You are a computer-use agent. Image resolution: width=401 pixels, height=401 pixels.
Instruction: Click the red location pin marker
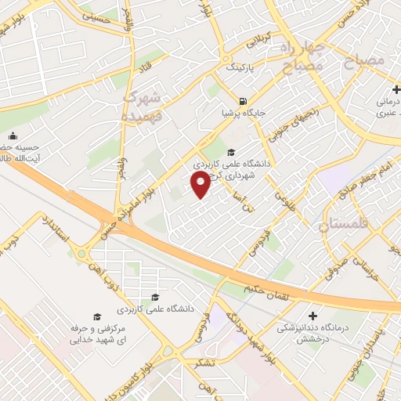click(x=200, y=184)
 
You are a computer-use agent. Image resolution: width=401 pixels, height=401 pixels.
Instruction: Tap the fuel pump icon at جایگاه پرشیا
click(x=244, y=100)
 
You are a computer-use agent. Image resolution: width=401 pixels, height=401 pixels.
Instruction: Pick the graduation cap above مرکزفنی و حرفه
click(x=97, y=316)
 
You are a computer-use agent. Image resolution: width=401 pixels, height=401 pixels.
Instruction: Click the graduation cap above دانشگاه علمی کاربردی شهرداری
click(x=230, y=152)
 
